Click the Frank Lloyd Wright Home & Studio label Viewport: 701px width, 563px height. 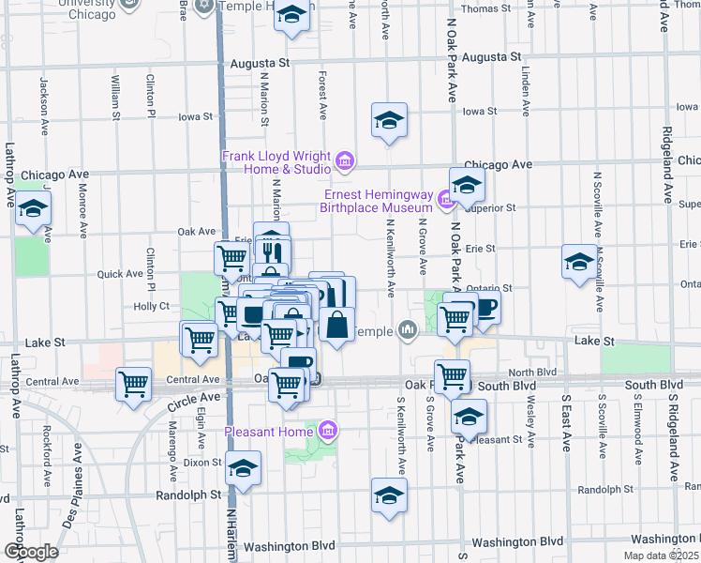point(276,162)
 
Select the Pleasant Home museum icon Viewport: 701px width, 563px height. point(328,432)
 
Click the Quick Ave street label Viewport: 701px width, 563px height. point(120,274)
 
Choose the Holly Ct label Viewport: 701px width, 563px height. point(151,306)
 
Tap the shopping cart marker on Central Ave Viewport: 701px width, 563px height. point(134,383)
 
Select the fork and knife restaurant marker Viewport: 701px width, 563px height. point(273,252)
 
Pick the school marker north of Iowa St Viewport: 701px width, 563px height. point(389,120)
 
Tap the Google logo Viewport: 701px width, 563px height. point(31,551)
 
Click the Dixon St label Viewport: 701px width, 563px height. point(201,462)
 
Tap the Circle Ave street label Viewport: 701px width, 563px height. point(192,403)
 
